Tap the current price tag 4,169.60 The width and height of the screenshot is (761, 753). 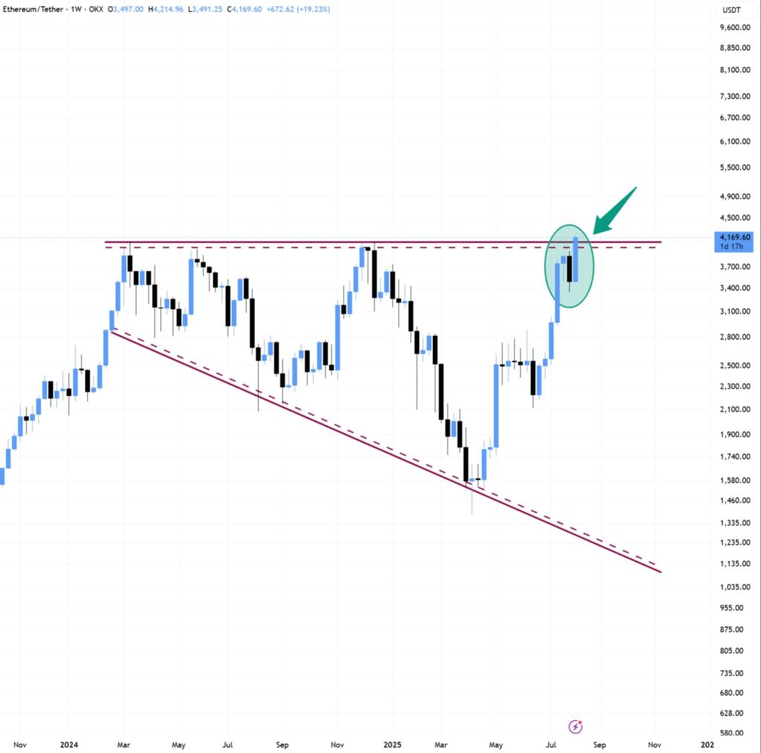click(731, 237)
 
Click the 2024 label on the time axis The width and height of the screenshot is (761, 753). click(69, 743)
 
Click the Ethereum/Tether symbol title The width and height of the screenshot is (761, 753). click(34, 9)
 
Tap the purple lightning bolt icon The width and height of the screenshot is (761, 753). click(575, 725)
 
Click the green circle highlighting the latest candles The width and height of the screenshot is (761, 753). click(569, 266)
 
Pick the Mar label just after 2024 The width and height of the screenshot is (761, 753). click(124, 743)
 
